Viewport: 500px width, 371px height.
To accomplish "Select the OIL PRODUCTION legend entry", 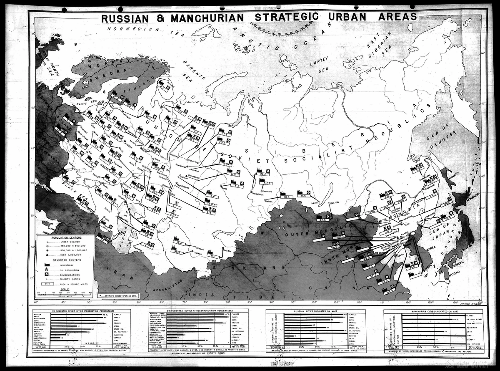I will [60, 270].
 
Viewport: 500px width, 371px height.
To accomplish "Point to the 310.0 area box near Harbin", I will [401, 201].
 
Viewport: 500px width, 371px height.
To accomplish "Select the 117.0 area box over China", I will [389, 290].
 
